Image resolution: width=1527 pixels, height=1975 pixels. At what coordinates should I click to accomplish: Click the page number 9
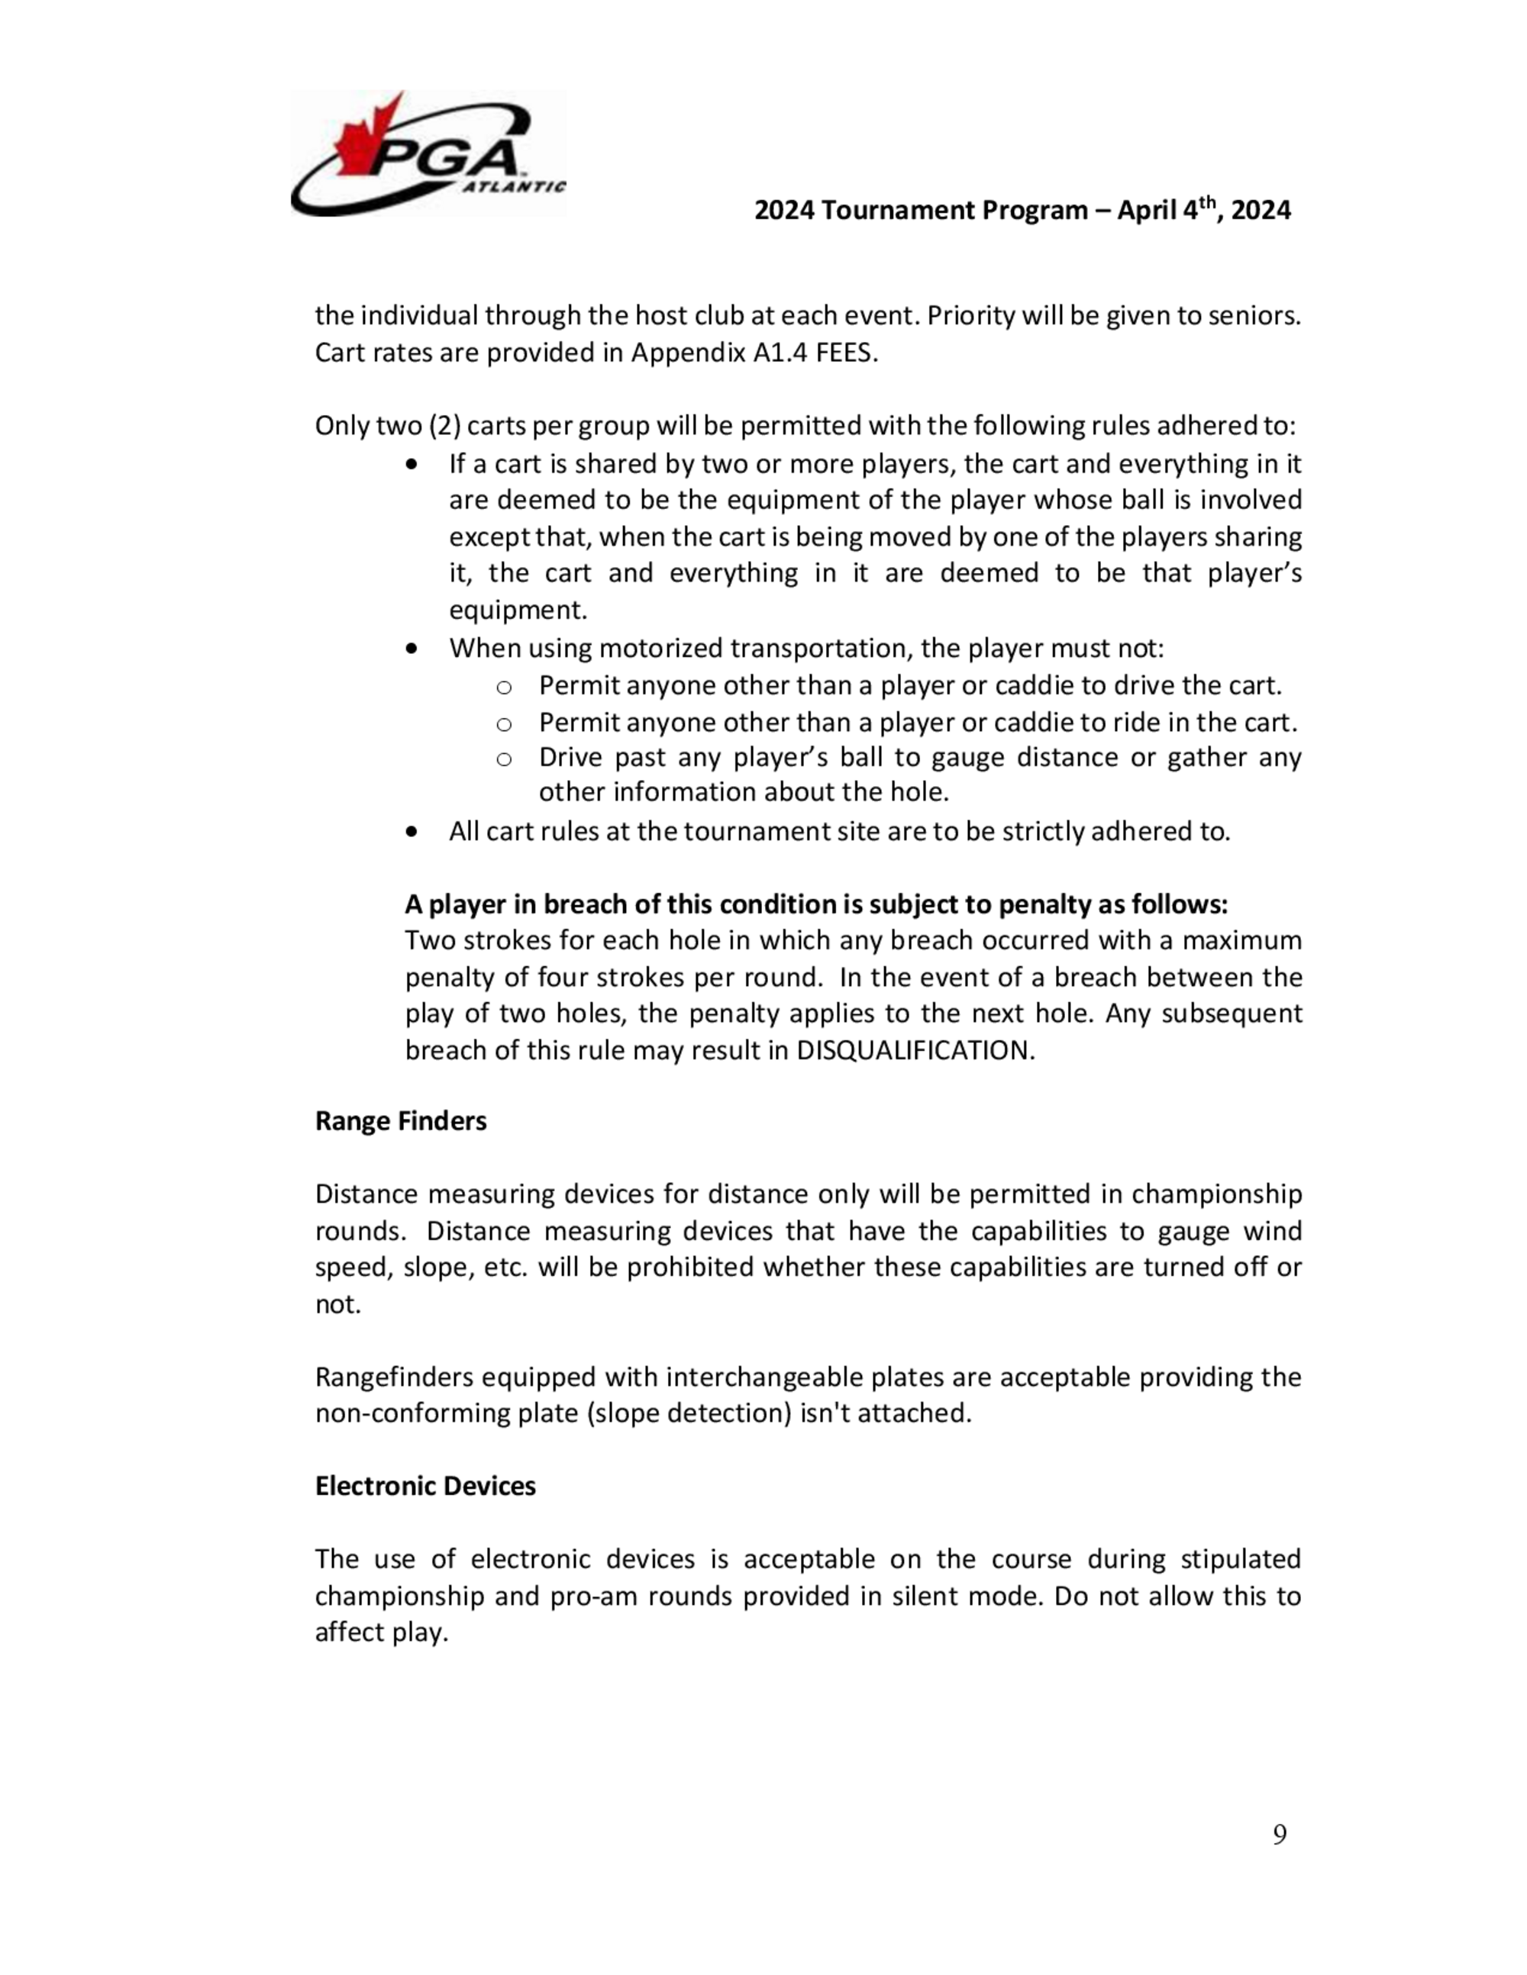coord(1279,1834)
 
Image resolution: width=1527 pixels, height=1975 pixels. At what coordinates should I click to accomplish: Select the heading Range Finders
coord(401,1121)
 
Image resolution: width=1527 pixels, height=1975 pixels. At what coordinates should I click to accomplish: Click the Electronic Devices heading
coord(425,1486)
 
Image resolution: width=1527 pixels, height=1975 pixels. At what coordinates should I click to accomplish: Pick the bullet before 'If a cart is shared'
coord(412,465)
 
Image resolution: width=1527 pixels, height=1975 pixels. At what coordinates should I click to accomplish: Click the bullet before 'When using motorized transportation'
coord(412,649)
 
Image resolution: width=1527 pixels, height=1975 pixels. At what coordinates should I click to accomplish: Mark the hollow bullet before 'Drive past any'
coord(504,759)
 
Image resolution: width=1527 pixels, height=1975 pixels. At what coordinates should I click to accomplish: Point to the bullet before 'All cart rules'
coord(412,831)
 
